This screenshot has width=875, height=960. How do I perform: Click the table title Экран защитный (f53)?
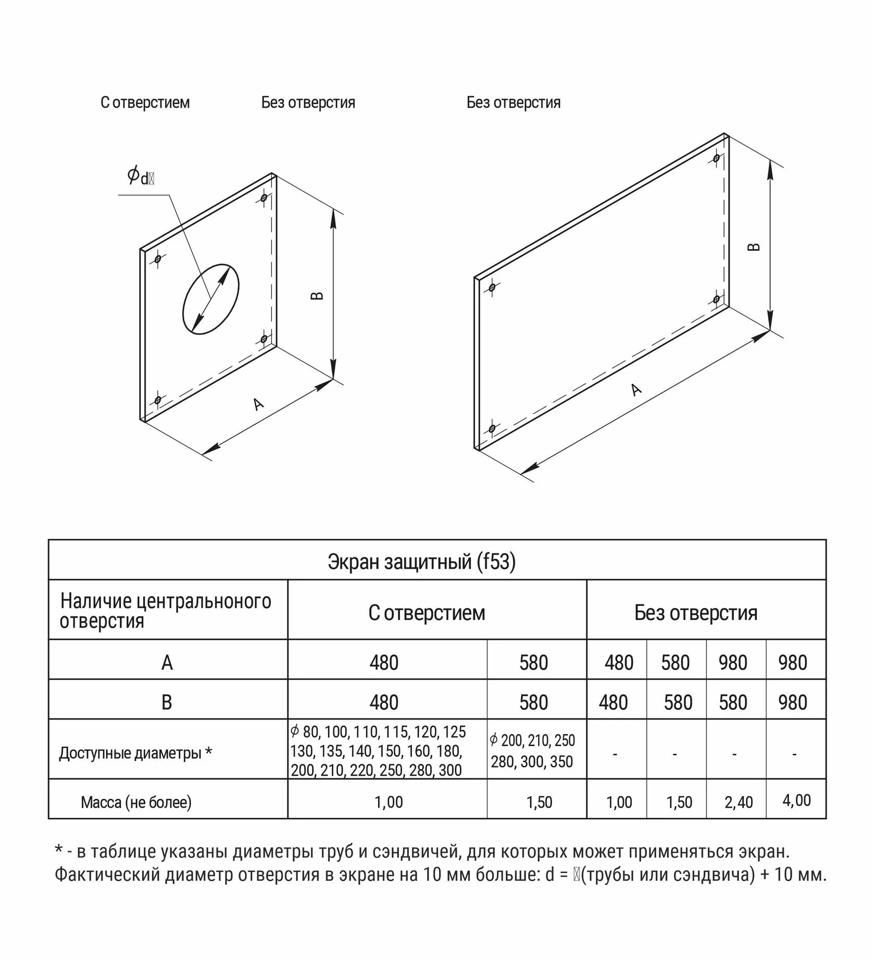tap(421, 561)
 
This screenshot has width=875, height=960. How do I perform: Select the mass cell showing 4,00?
tap(796, 800)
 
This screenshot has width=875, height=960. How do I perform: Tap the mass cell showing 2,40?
tap(738, 802)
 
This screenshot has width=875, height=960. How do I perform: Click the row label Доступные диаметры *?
tap(135, 753)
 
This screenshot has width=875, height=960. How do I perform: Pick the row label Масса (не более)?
tap(136, 802)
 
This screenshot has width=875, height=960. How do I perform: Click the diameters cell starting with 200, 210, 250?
tap(532, 751)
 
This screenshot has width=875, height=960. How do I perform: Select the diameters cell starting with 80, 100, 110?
tap(378, 751)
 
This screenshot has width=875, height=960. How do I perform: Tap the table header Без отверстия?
tap(695, 613)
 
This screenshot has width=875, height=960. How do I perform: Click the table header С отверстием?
tap(427, 613)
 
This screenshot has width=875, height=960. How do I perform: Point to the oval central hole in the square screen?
tap(211, 299)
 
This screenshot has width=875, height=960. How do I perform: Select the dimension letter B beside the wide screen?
tap(754, 247)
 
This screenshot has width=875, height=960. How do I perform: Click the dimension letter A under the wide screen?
tap(636, 389)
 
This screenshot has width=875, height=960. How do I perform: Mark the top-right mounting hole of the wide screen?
tap(717, 157)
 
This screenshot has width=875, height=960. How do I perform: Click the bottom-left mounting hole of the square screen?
tap(157, 400)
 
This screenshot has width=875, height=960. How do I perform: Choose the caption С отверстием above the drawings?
tap(145, 103)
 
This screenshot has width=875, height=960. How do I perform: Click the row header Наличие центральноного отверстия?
tap(166, 611)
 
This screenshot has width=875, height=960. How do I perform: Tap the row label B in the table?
tap(167, 702)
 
